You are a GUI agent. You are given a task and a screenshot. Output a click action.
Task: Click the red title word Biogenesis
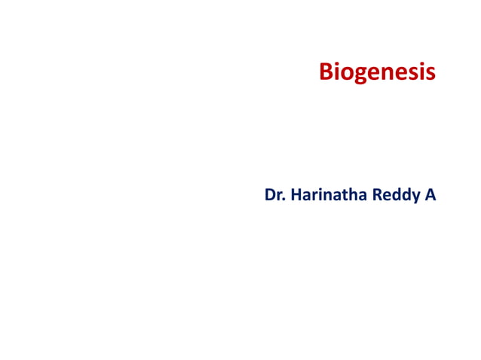coord(377,72)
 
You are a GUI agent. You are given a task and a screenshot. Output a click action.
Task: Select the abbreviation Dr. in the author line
coord(274,195)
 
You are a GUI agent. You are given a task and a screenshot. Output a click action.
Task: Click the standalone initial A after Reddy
coord(430,195)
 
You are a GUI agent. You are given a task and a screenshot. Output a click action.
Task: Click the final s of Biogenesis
coord(430,74)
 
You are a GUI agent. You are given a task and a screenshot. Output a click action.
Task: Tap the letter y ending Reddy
coord(414,198)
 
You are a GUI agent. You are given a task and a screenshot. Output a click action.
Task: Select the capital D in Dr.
coord(270,195)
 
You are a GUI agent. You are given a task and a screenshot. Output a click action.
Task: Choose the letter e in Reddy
coord(388,197)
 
